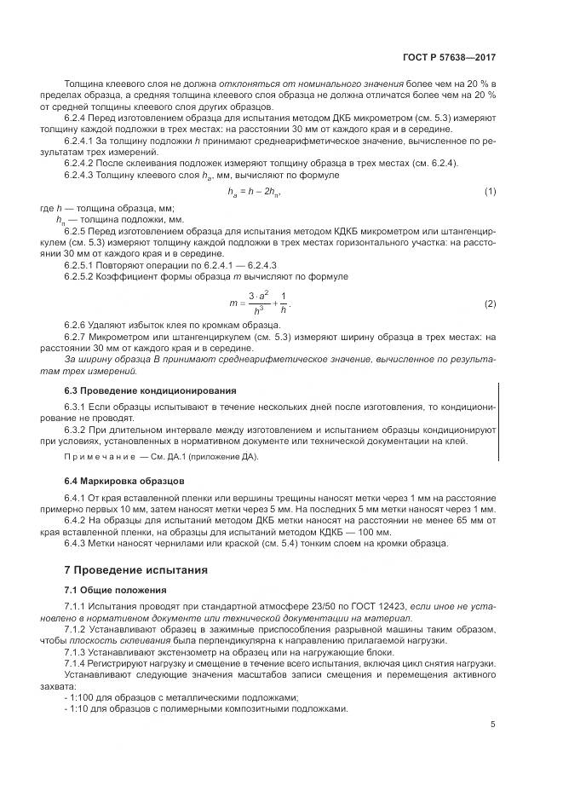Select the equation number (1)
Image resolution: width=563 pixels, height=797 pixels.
point(490,191)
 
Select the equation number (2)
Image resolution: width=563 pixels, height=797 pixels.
point(490,304)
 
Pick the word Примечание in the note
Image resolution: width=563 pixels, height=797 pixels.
point(93,458)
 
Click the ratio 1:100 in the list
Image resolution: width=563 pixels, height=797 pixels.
point(82,696)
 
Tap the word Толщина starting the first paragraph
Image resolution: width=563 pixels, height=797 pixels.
point(83,83)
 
